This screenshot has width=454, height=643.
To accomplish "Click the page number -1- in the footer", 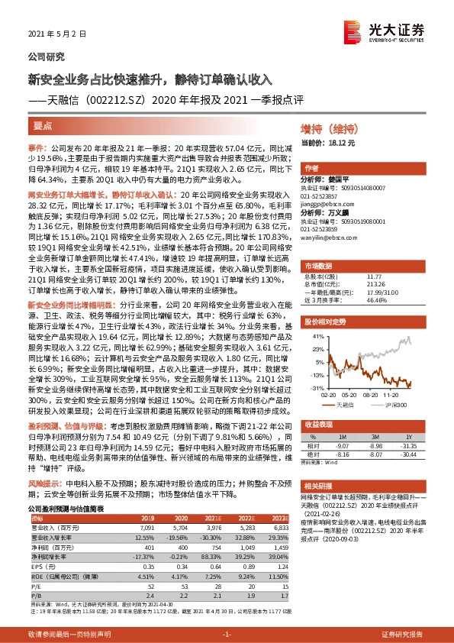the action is tap(227, 635).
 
